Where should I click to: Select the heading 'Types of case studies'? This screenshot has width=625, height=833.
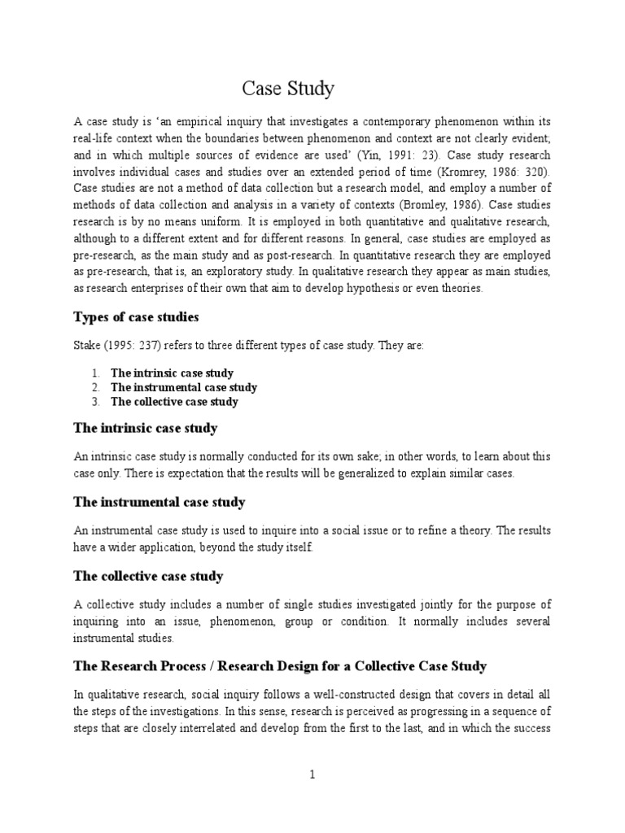(137, 316)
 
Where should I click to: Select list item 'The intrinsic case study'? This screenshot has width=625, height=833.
(172, 373)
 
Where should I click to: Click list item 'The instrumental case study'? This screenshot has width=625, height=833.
(184, 387)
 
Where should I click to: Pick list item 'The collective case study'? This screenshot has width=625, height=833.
(174, 402)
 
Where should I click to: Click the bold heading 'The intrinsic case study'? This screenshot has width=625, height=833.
(146, 428)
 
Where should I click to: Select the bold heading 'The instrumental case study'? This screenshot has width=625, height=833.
(160, 502)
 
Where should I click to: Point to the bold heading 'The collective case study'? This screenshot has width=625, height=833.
(148, 576)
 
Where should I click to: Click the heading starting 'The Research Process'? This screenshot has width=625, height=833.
(280, 666)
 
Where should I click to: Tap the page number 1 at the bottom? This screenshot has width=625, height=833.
(312, 775)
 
